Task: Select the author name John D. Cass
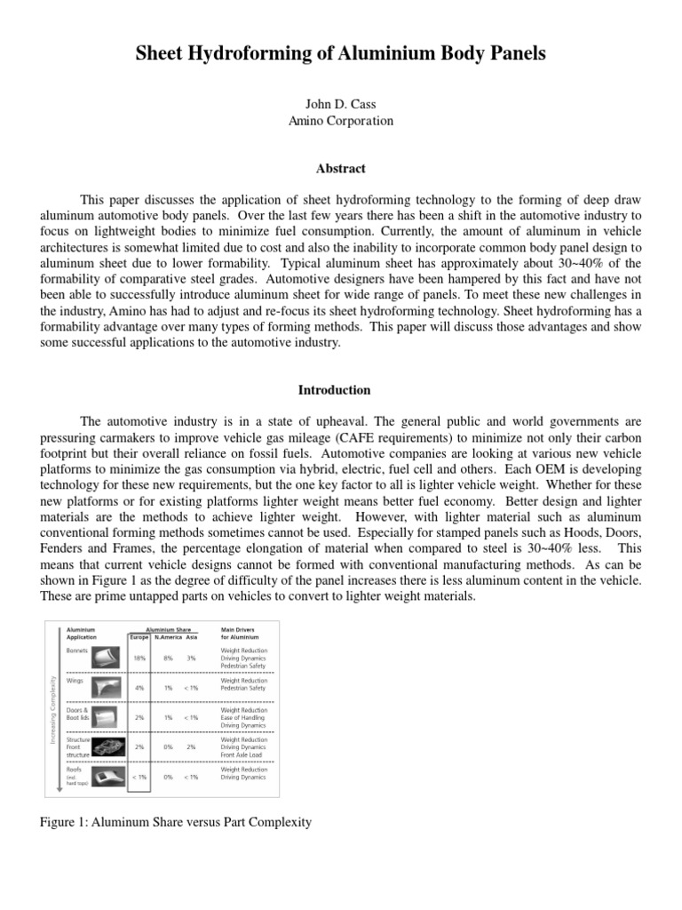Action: (341, 105)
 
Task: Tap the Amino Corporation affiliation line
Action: (341, 121)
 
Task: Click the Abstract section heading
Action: (341, 168)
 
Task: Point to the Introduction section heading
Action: (341, 390)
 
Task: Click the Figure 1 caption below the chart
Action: (177, 822)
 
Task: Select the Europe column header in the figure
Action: (139, 636)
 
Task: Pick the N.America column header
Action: (169, 636)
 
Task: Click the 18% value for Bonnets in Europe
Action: (139, 658)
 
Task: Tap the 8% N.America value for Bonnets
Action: (169, 658)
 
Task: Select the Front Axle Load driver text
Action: (242, 754)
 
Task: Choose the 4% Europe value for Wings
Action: (139, 687)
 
